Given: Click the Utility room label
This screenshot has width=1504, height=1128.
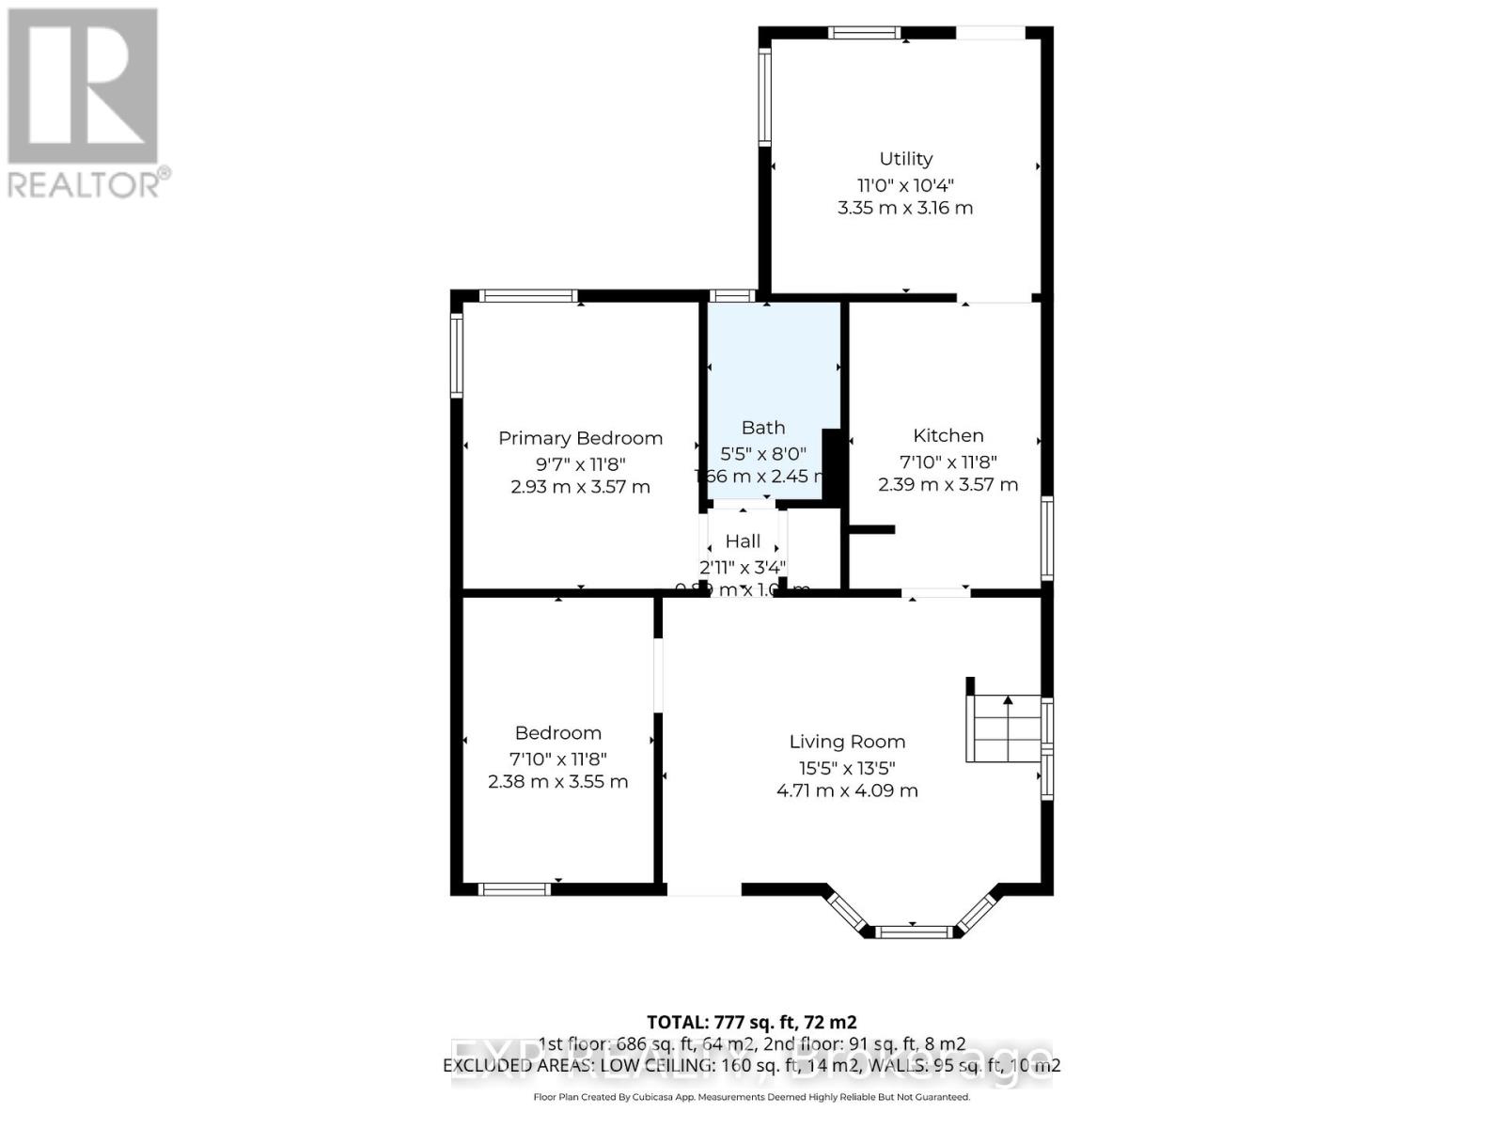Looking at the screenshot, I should coord(905,159).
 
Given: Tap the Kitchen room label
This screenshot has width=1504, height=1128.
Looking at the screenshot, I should coord(948,435).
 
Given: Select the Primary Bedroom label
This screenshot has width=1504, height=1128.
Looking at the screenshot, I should coord(580,438).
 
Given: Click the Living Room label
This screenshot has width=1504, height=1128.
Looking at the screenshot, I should coord(847,742).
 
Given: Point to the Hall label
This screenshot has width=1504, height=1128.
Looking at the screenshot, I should coord(743,541).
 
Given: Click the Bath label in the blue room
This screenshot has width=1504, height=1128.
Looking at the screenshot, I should coord(762,428).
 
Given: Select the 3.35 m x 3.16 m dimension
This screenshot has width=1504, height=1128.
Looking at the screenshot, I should coord(905,208).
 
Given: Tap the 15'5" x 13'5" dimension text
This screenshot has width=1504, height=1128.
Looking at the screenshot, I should coord(847,767).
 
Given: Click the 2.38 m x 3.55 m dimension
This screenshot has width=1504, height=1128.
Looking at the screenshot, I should coord(557,781).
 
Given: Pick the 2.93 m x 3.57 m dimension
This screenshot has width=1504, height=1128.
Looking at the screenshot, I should coord(580,487).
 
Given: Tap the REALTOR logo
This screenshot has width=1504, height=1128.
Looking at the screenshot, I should coord(85,103).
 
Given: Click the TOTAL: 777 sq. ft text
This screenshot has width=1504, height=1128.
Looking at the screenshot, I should coord(751,1022).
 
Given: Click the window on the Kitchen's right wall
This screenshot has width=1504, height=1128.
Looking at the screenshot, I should coord(1047,538).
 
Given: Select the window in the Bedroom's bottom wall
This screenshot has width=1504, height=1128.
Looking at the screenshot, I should coord(513,889).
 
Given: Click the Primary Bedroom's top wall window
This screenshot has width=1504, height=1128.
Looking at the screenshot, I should coord(528,295).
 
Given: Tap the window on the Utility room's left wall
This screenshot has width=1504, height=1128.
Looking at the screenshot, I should coord(765,95).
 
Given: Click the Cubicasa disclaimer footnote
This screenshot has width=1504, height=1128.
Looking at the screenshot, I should coord(751,1097).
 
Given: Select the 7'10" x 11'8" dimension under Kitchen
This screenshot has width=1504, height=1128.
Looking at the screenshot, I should coord(948,462).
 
